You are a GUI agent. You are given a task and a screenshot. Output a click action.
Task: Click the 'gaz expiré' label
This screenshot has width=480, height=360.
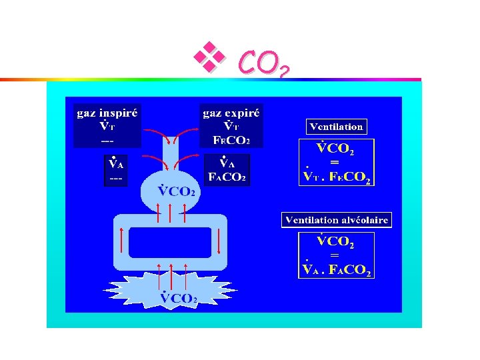pos(232,113)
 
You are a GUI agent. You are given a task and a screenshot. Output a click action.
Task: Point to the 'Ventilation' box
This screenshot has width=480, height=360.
pos(336,126)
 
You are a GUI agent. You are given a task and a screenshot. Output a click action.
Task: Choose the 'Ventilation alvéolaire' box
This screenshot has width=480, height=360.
pos(337,220)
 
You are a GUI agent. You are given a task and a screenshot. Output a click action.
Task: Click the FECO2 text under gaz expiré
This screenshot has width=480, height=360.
pos(231,141)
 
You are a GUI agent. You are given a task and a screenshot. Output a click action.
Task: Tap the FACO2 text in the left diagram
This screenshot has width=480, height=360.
pos(227,178)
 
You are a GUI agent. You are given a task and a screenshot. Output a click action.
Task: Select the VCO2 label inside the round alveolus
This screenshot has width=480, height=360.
pos(177,191)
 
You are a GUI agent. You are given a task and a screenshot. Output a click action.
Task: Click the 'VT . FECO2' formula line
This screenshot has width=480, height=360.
pos(337,177)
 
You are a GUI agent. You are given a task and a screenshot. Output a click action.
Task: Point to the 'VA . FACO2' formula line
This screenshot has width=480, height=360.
pos(337,270)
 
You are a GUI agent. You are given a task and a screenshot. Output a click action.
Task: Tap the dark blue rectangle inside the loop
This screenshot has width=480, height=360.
pos(169,242)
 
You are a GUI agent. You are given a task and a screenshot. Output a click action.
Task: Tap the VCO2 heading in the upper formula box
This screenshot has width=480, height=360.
pos(335,149)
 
